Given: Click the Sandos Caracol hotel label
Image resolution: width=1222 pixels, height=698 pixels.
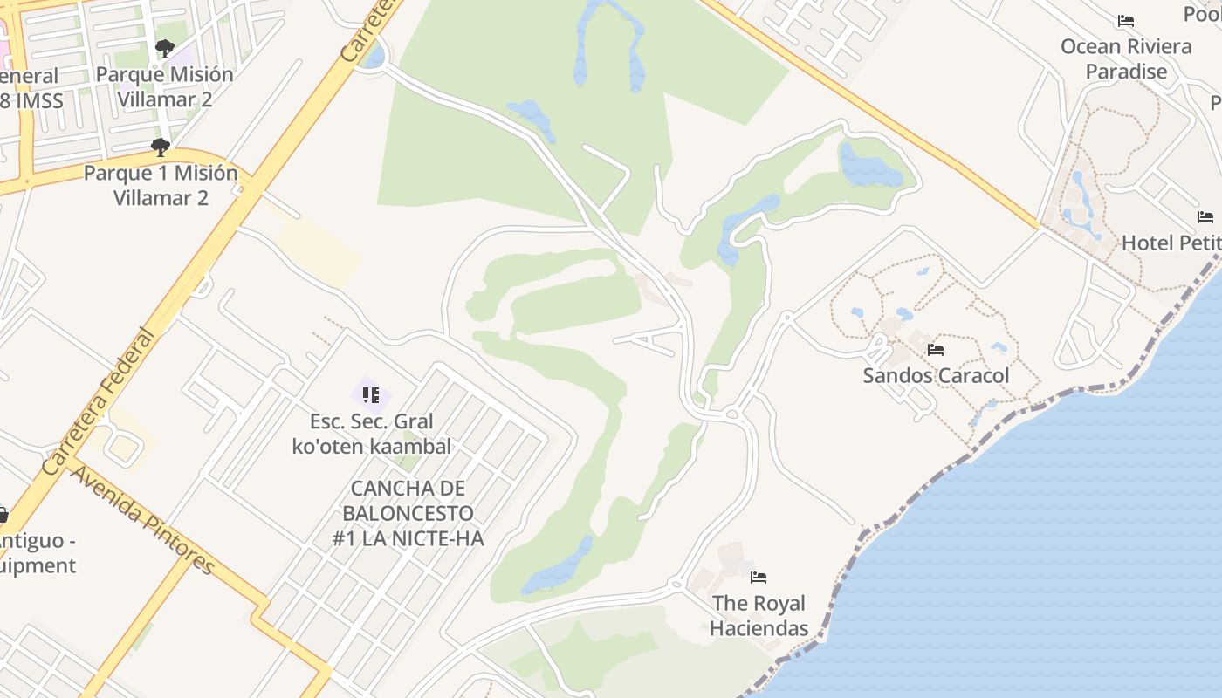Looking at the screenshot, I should coord(936,376).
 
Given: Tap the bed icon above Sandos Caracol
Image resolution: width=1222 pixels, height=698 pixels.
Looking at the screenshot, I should coord(936,350).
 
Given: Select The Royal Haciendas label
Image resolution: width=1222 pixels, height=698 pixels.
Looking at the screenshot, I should coord(758,615).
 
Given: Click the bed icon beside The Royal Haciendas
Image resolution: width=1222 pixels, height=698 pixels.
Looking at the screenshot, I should coord(759,577).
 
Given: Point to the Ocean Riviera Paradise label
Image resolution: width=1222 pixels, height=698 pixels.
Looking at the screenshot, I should coord(1126,58).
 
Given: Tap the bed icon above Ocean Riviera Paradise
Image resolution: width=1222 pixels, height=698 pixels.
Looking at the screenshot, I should coord(1126,21).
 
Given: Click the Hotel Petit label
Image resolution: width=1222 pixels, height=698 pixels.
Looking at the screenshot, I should coord(1171,243).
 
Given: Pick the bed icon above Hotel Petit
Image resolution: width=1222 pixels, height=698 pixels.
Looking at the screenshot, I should coord(1205,216).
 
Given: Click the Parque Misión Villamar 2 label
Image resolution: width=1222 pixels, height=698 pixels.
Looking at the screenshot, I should coord(165,86).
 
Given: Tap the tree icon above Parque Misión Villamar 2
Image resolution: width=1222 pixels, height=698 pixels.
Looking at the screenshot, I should coord(164,48).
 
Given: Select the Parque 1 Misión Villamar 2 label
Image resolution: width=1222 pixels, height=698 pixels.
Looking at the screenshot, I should coord(161,185).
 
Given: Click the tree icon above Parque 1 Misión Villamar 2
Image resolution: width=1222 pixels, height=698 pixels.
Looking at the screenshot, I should coord(160,147).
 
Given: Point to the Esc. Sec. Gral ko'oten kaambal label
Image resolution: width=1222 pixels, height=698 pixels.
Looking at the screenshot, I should coord(372,434).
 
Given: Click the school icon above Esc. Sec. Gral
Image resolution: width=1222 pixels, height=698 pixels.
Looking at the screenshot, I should coord(371,395).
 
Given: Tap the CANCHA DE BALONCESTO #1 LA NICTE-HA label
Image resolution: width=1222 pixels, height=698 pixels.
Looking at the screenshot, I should coord(408,513).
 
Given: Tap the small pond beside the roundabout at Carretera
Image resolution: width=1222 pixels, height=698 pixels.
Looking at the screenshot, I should coord(374,58).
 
